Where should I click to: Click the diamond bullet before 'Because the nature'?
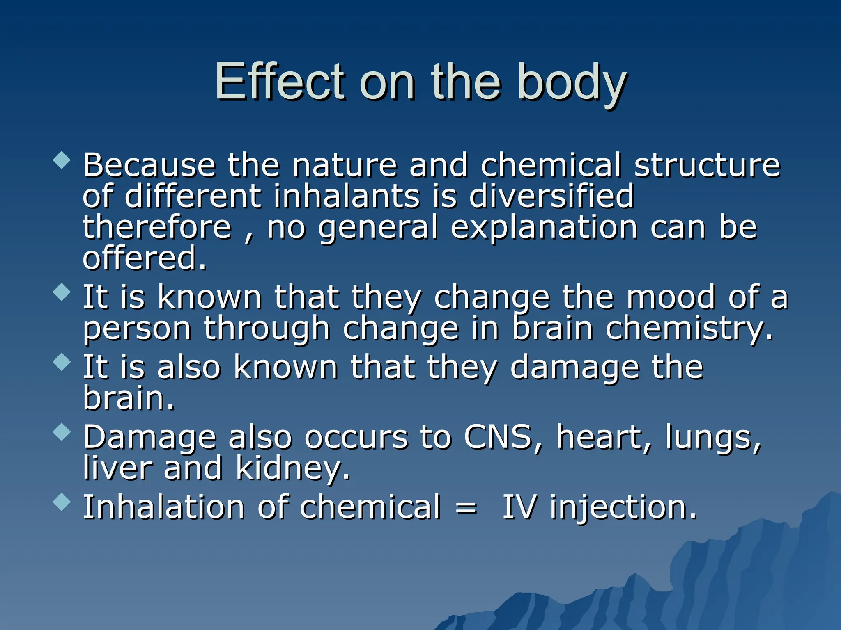(x=62, y=160)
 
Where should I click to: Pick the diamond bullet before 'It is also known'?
(x=62, y=362)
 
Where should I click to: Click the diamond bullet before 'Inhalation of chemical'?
(x=62, y=502)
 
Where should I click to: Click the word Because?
(x=149, y=165)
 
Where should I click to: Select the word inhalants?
(x=347, y=196)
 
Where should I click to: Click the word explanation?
(x=544, y=228)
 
